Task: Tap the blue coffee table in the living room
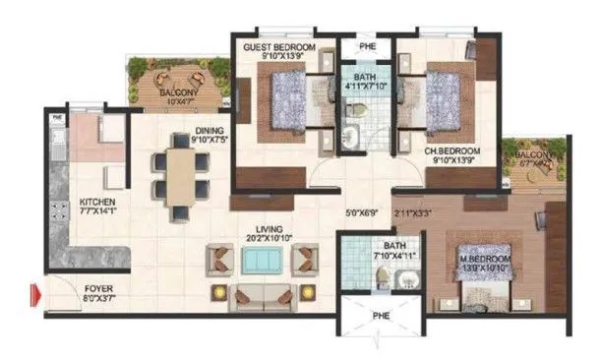[260, 261]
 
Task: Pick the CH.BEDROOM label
[450, 151]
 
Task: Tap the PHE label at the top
[365, 45]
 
